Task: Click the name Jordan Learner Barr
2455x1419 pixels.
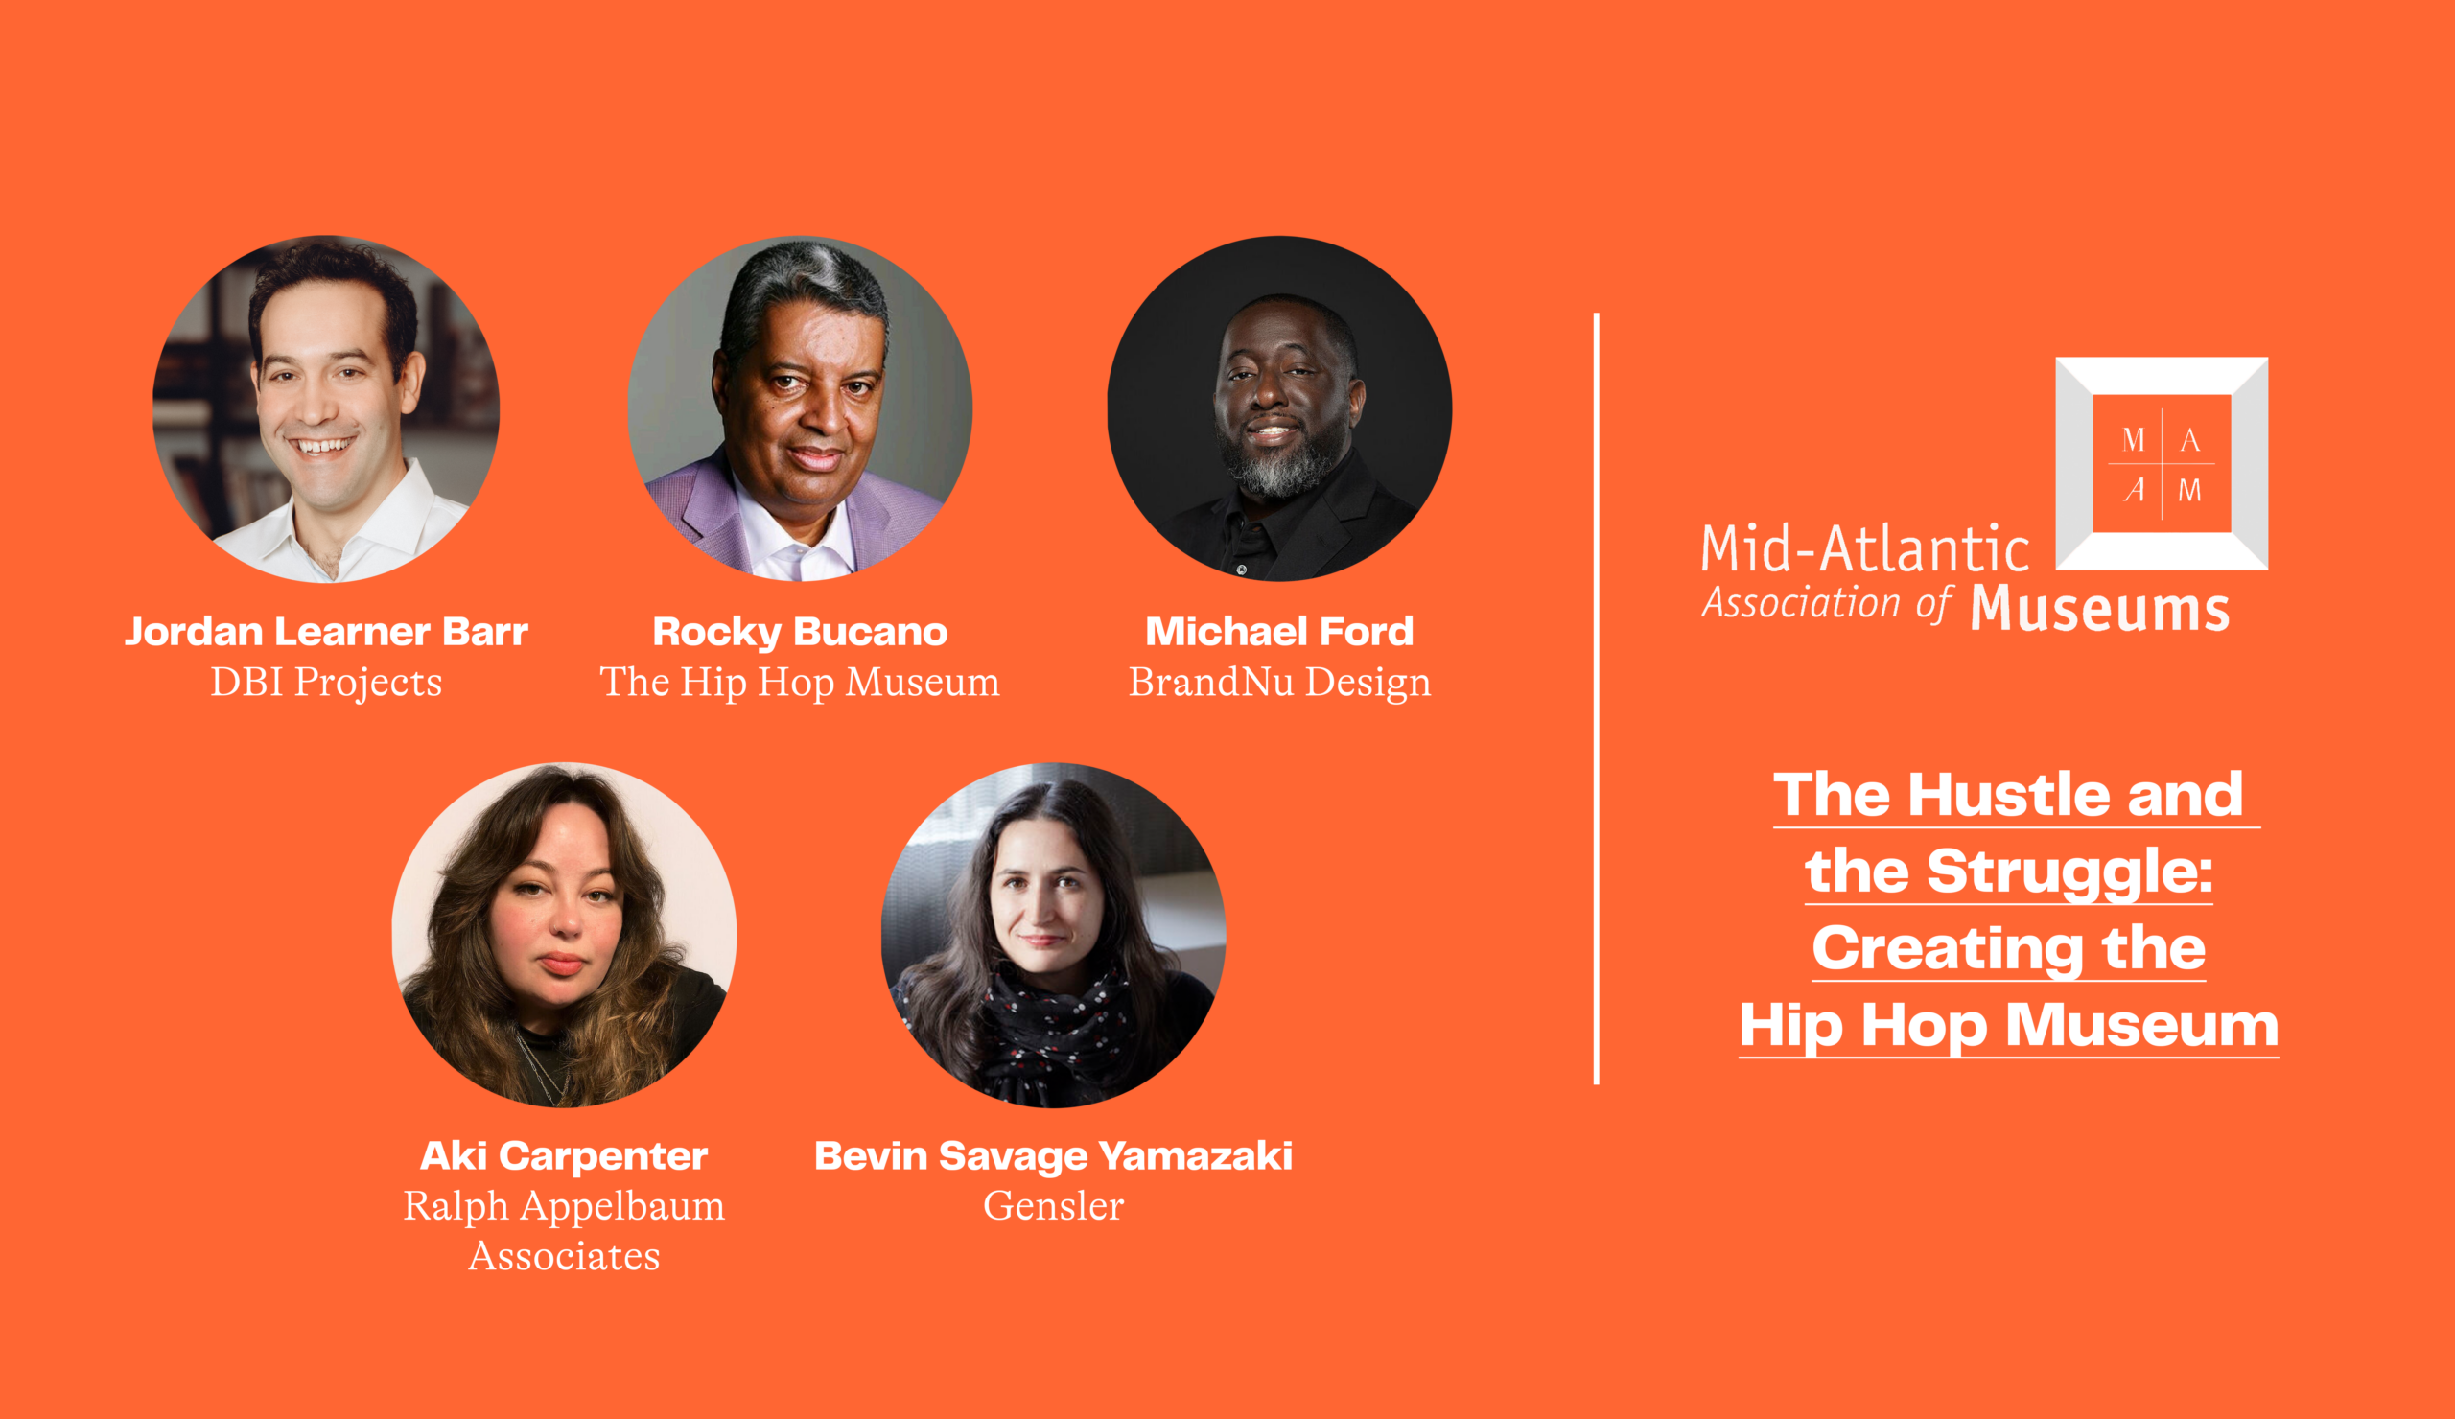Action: (x=326, y=631)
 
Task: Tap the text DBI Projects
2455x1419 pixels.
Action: (x=326, y=683)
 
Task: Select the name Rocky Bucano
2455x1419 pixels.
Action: (x=800, y=631)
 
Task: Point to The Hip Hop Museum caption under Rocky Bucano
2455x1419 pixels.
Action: (x=800, y=683)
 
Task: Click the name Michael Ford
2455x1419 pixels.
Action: (x=1279, y=631)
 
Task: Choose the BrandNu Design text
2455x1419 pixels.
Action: (x=1279, y=683)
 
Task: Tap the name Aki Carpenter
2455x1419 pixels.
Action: (x=564, y=1156)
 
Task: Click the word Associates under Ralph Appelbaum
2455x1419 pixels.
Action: (x=564, y=1256)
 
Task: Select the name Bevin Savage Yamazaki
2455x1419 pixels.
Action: (x=1053, y=1156)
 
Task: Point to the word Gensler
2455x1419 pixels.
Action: (x=1053, y=1206)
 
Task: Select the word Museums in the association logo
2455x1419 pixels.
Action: (x=2099, y=609)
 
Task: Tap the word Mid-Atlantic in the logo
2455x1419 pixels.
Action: (x=1864, y=548)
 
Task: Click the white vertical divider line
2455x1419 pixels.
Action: (x=1597, y=698)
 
